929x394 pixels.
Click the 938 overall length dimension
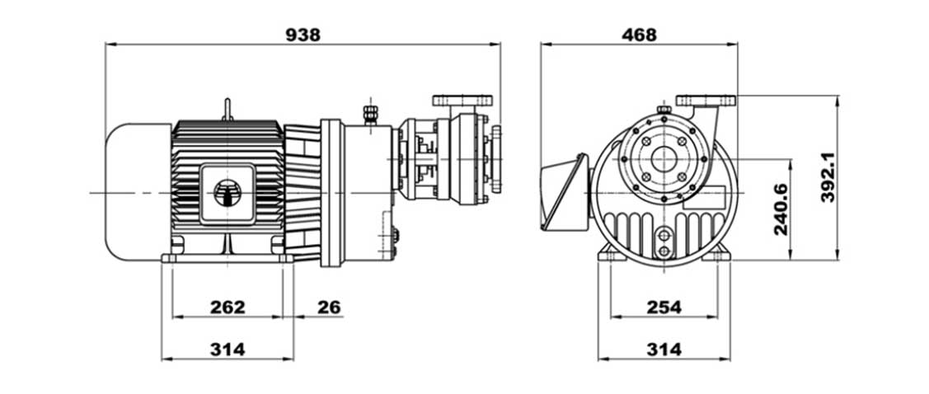point(303,35)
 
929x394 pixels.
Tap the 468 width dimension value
point(640,35)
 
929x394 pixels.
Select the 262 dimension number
point(228,307)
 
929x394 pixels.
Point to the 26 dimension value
point(330,307)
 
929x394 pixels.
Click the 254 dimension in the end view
point(664,307)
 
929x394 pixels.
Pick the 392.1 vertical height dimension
point(828,177)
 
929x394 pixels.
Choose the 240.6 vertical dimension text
point(781,209)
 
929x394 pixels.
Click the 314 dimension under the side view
point(228,349)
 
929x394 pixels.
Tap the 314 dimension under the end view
point(664,349)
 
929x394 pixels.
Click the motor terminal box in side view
point(228,194)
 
